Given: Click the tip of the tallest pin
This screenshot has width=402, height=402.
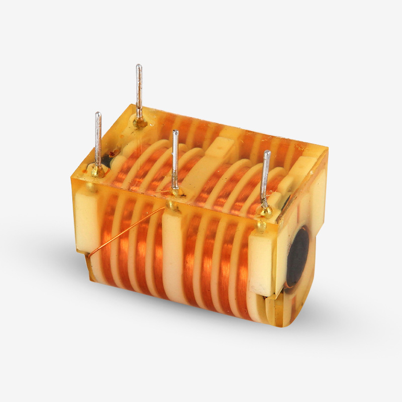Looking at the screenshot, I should pyautogui.click(x=139, y=66).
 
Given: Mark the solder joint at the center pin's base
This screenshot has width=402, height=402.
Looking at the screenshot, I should pyautogui.click(x=175, y=191).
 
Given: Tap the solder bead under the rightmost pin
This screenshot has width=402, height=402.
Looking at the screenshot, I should pyautogui.click(x=264, y=211).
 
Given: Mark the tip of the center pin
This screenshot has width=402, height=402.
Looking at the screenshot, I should pyautogui.click(x=175, y=132).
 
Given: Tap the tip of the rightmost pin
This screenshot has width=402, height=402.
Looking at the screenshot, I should pyautogui.click(x=267, y=152).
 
